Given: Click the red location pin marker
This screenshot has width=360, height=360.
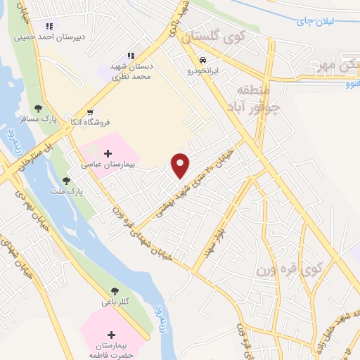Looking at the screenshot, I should [181, 165].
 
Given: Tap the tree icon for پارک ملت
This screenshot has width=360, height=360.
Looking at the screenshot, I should [66, 181].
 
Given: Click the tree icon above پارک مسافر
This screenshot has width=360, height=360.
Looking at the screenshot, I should [38, 108].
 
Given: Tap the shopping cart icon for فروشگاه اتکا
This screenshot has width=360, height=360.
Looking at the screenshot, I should [89, 112].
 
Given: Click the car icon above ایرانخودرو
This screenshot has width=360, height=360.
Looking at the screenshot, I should [202, 60].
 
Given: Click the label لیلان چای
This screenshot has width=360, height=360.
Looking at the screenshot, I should [333, 22].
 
